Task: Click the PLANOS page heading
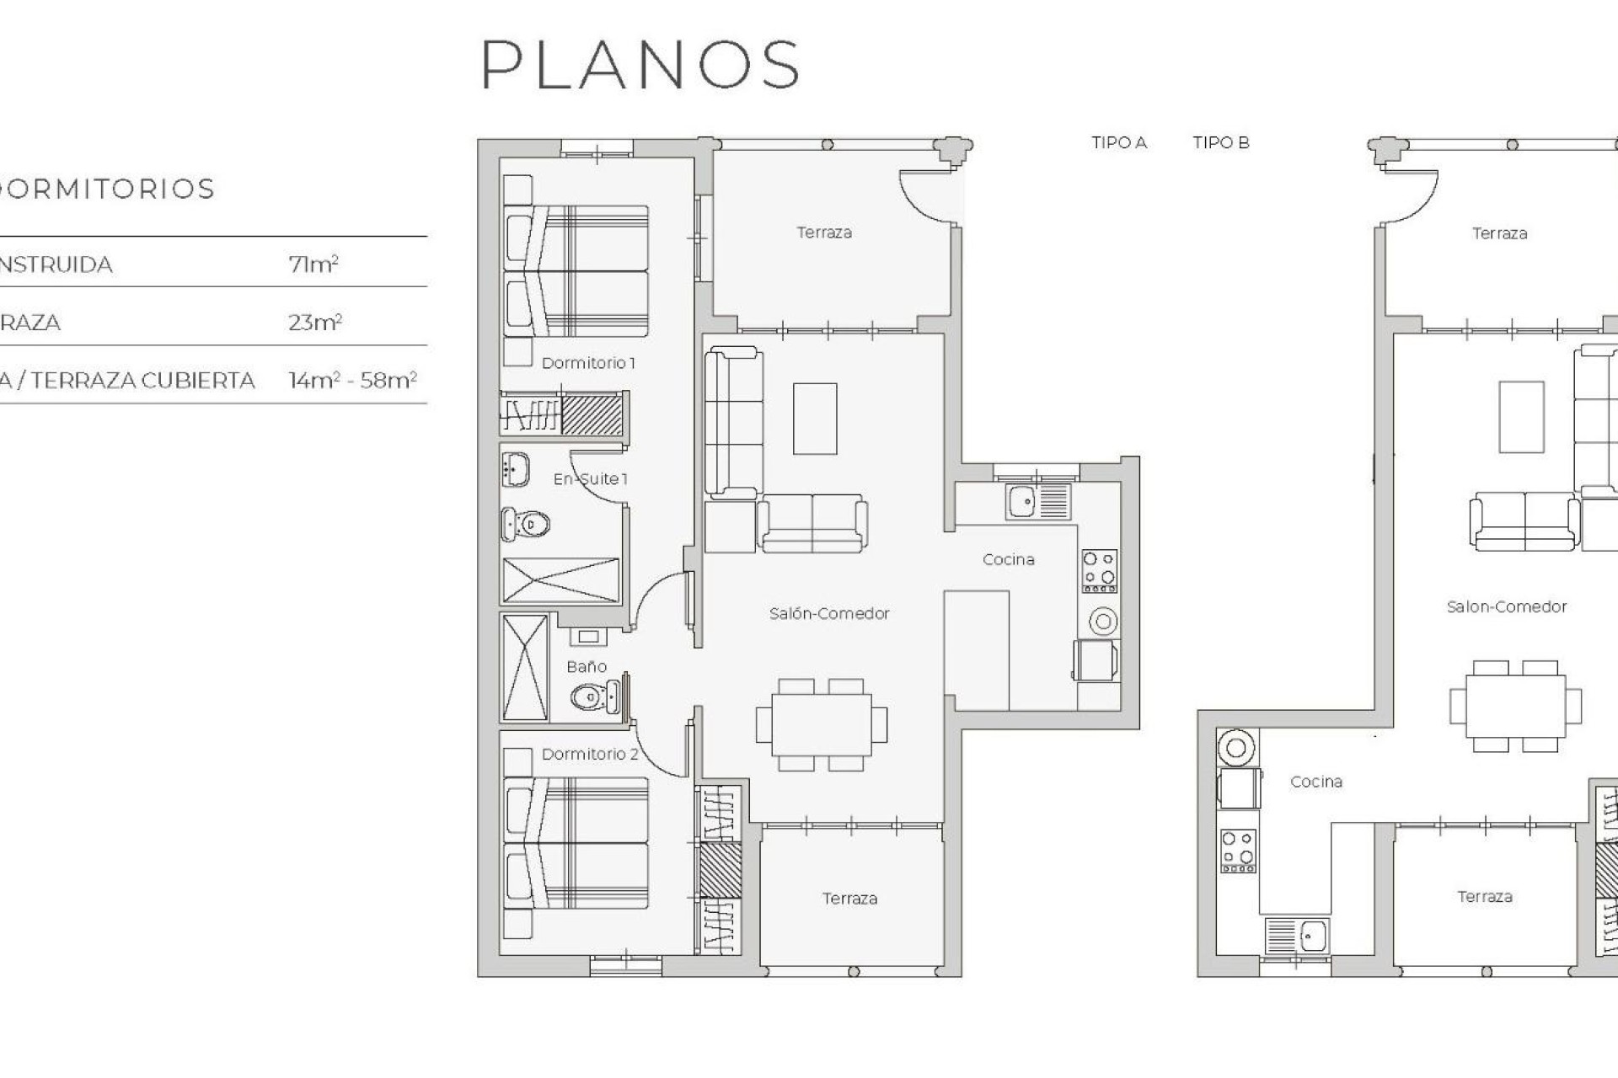click(x=640, y=65)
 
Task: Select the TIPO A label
click(x=1118, y=143)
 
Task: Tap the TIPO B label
click(x=1220, y=143)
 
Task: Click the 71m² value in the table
click(x=313, y=264)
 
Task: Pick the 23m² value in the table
click(x=314, y=323)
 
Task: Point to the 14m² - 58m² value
click(x=352, y=381)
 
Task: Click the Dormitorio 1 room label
click(x=588, y=363)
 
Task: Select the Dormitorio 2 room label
click(x=590, y=754)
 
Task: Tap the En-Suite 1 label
click(x=590, y=479)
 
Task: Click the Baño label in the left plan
click(x=587, y=667)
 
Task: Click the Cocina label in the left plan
click(x=1008, y=559)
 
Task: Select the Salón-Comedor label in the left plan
click(x=828, y=614)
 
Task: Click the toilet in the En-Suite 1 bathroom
click(x=526, y=525)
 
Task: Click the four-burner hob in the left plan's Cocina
click(x=1099, y=570)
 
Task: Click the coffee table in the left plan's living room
click(x=815, y=419)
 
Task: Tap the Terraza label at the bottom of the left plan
click(x=849, y=899)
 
